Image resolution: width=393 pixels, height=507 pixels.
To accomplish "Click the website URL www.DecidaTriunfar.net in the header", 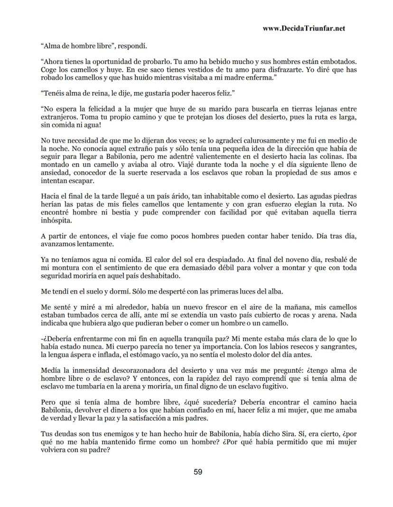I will pos(303,28).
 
